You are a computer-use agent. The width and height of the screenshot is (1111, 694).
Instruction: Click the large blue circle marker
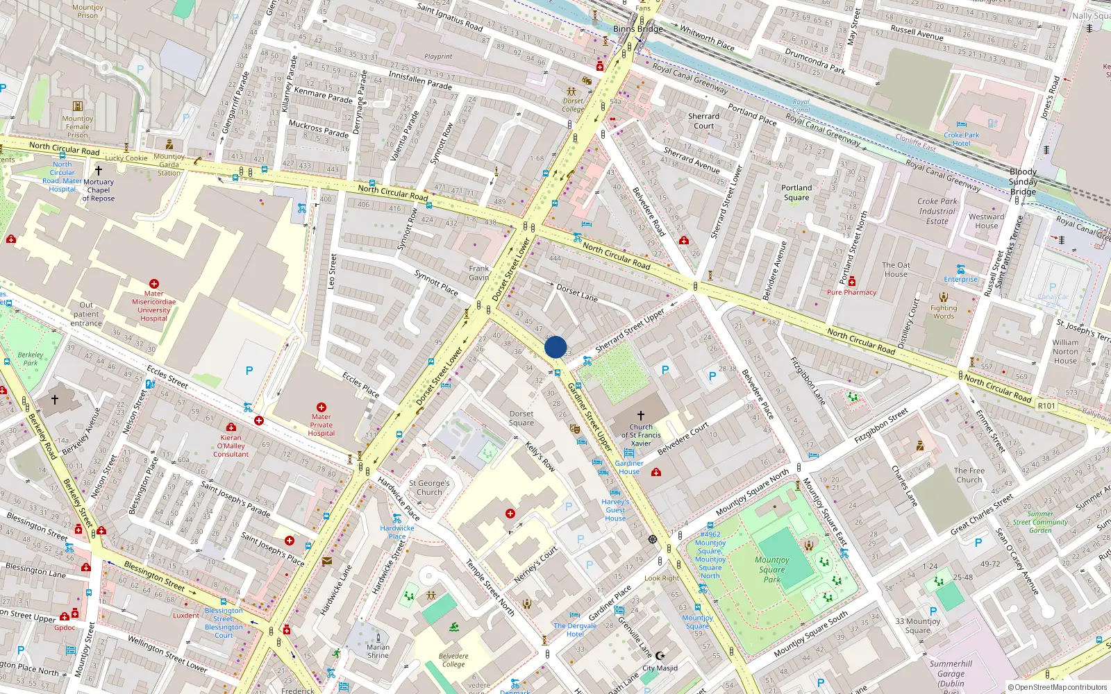point(555,347)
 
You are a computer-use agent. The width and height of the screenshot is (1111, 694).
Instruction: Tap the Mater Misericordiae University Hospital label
point(153,306)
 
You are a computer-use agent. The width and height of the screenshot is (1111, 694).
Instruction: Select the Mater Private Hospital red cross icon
point(321,407)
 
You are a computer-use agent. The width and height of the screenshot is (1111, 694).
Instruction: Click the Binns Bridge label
point(637,29)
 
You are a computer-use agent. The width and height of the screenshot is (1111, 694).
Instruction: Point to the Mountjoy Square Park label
point(772,569)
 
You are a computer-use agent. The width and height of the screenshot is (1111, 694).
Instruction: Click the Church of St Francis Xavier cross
point(641,415)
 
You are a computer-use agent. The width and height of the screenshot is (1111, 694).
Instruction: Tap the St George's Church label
point(429,487)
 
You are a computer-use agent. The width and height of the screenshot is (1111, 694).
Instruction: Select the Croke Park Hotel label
point(961,139)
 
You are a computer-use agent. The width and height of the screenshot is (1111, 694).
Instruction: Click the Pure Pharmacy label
point(851,292)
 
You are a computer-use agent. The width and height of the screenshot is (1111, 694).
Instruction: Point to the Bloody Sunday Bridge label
point(1023,181)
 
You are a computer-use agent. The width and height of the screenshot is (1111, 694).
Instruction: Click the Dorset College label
point(573,105)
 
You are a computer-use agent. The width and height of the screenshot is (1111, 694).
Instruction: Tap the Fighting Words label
point(943,312)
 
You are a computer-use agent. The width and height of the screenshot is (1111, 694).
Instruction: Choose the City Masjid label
point(660,668)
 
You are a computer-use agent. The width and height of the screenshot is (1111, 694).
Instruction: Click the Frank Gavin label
point(478,273)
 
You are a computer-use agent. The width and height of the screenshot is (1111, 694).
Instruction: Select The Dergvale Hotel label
point(575,629)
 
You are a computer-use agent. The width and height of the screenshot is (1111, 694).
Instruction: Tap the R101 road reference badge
point(1046,406)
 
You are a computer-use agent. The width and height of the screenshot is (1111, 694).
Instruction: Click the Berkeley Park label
point(31,358)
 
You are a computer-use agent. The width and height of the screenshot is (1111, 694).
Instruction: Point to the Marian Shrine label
point(378,651)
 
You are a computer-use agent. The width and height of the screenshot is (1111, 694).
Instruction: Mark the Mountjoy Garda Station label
point(169,164)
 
